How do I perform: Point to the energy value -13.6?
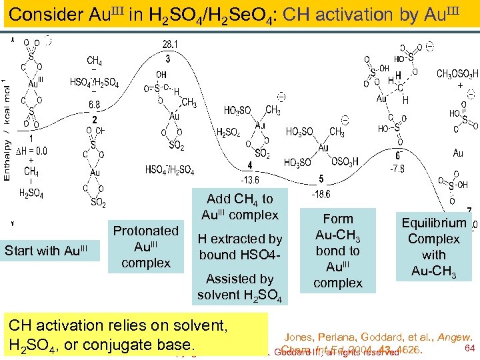point(250,180)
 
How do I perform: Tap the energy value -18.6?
point(321,193)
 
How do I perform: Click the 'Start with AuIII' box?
point(46,251)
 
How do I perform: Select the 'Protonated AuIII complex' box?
point(146,247)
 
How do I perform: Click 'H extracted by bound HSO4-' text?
point(240,247)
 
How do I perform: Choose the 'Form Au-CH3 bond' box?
point(338,251)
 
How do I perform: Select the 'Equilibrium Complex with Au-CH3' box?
point(434,247)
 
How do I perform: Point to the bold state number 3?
point(168,59)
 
